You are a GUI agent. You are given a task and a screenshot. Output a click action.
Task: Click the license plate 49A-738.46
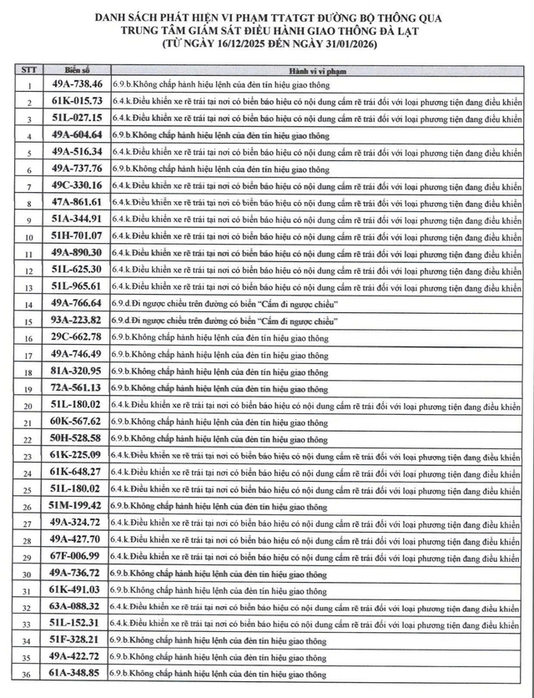click(x=76, y=84)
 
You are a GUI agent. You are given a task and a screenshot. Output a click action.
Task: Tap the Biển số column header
click(x=76, y=69)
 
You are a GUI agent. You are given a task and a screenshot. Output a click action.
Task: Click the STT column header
click(x=28, y=69)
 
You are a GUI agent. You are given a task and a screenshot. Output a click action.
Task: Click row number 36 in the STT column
click(x=28, y=675)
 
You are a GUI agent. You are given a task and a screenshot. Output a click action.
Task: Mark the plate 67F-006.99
click(x=76, y=556)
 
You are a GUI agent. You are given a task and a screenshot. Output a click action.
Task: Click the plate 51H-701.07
click(x=76, y=235)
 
